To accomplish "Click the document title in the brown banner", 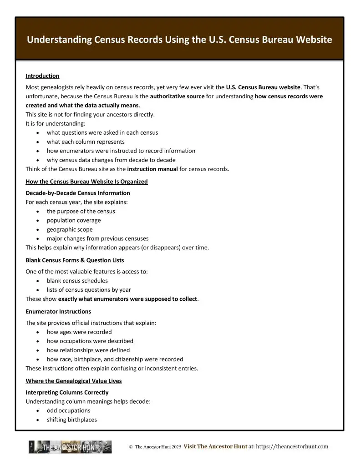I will [x=179, y=40].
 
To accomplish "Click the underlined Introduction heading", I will [x=42, y=76].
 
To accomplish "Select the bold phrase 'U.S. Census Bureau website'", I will [x=263, y=87].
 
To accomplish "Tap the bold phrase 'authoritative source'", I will [x=177, y=96].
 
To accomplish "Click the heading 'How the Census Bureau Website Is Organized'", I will [x=86, y=182].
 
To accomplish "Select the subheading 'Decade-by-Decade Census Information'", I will [x=77, y=193].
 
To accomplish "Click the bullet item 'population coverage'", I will [x=74, y=220].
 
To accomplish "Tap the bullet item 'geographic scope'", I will [x=70, y=229].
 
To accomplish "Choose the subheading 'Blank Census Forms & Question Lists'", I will [x=75, y=260].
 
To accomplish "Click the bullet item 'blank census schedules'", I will [x=77, y=281].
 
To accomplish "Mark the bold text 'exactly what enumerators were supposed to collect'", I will [x=128, y=299].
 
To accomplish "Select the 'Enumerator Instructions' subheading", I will [x=58, y=311].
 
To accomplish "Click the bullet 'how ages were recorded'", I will [x=79, y=332].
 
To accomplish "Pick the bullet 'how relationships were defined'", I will [x=88, y=350].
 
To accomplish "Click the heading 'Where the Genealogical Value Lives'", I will [x=74, y=381].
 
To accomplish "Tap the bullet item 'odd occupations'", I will [x=69, y=410].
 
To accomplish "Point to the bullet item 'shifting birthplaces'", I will [x=72, y=420].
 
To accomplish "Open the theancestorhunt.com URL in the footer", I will [x=288, y=447].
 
